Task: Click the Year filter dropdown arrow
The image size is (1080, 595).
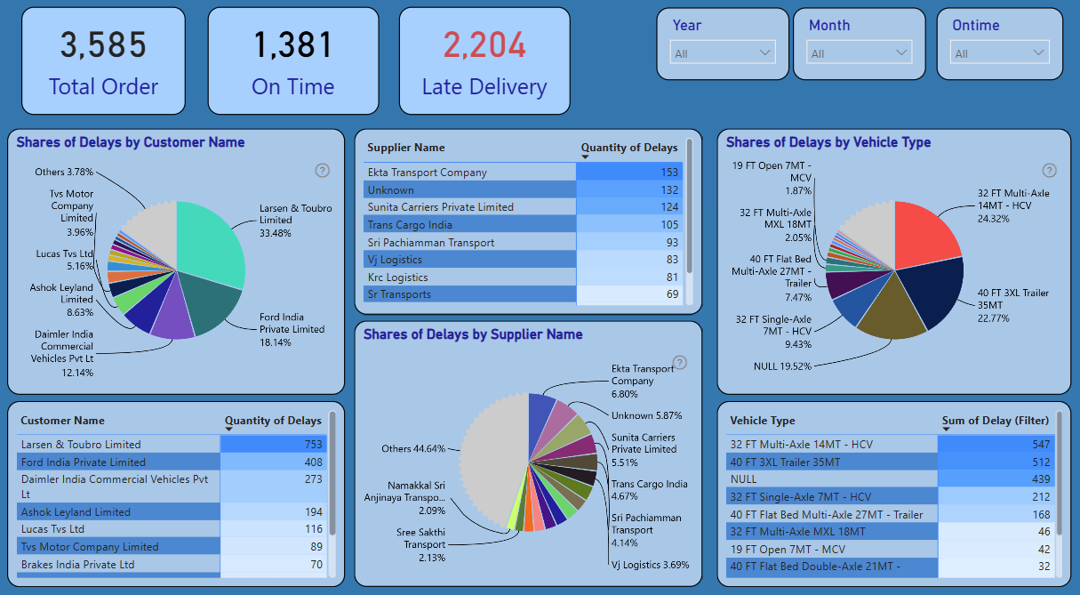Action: click(x=764, y=52)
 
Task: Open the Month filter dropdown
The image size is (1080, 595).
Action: click(x=859, y=52)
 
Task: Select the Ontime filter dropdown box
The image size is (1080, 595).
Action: click(x=999, y=52)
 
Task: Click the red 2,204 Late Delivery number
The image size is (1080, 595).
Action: click(x=484, y=44)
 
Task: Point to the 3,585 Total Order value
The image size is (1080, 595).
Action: click(x=103, y=44)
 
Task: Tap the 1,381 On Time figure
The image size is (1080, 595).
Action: click(x=293, y=44)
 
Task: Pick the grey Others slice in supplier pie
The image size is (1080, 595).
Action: click(x=492, y=458)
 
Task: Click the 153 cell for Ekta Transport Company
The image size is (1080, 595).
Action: click(x=629, y=172)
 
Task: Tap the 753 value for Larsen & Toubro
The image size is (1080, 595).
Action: click(x=274, y=444)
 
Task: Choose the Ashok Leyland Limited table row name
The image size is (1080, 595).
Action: click(x=76, y=511)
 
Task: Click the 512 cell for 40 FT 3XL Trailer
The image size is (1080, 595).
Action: click(x=996, y=462)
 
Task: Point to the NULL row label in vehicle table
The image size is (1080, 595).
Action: click(x=743, y=479)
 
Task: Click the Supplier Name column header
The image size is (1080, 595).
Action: click(x=406, y=147)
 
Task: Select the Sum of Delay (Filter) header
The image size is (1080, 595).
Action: click(x=996, y=421)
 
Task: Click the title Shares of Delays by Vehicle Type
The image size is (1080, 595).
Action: click(x=828, y=142)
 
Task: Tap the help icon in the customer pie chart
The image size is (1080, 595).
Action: click(x=322, y=171)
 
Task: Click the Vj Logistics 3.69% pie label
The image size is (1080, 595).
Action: click(x=650, y=565)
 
